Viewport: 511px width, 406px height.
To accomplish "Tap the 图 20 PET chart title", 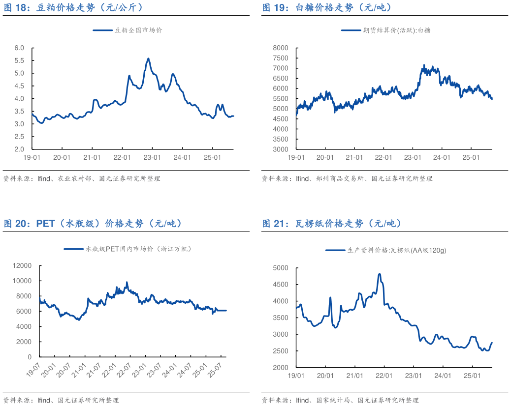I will (x=94, y=224).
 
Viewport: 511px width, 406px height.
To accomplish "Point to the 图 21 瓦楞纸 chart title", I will (x=332, y=224).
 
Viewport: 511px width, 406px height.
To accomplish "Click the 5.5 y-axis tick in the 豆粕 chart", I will (x=19, y=60).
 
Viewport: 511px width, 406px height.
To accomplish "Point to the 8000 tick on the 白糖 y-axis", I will (x=280, y=48).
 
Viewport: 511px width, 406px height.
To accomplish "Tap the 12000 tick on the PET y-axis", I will (x=22, y=265).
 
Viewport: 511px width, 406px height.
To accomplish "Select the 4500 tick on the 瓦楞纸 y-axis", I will (x=280, y=285).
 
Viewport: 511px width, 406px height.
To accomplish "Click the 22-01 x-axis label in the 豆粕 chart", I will (x=122, y=157).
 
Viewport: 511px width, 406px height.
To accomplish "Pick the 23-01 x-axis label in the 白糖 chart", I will (x=413, y=157).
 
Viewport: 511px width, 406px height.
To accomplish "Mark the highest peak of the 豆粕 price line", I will (x=148, y=58).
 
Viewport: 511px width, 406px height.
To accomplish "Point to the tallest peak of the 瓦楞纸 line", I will (x=379, y=274).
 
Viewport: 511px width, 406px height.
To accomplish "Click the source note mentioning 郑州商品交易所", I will (x=347, y=178).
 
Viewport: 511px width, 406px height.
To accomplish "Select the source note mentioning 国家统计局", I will (x=340, y=400).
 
